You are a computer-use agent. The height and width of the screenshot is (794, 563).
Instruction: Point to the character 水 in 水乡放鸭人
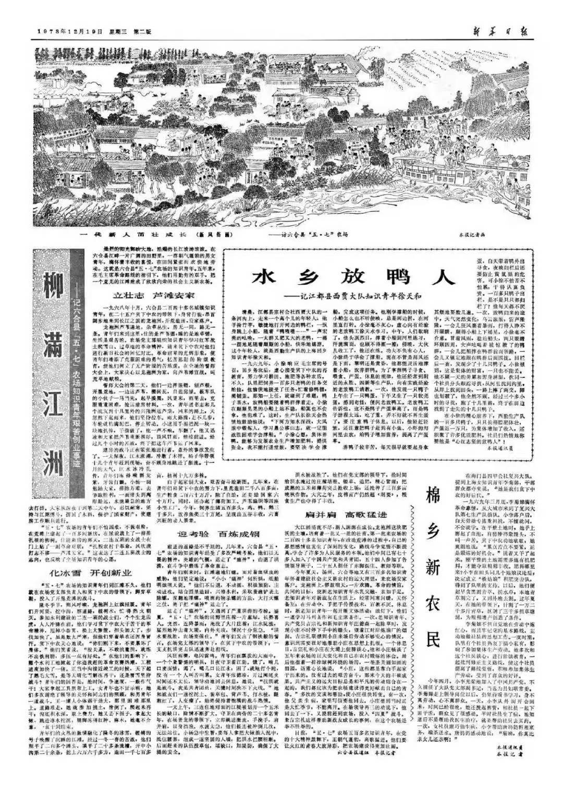266,277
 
